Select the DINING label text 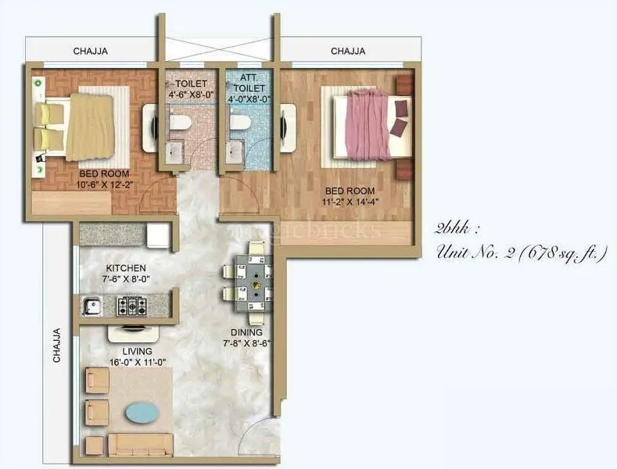246,332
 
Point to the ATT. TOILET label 248,83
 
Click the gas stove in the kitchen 134,305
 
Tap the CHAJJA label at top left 90,52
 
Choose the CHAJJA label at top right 348,52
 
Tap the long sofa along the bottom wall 141,444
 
